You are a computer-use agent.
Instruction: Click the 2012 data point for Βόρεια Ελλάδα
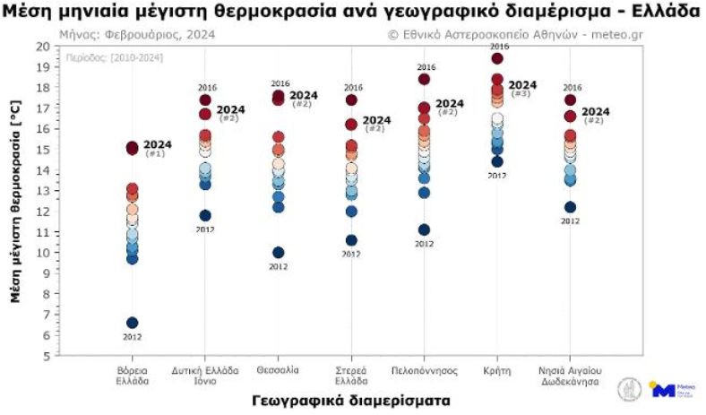[x=133, y=323]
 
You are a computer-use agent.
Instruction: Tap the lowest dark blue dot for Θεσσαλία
[x=279, y=253]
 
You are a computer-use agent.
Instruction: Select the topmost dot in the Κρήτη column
[x=497, y=58]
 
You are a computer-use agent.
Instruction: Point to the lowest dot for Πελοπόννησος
[x=424, y=230]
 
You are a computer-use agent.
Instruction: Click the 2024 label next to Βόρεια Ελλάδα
[x=158, y=144]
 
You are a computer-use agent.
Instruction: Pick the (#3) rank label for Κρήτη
[x=520, y=94]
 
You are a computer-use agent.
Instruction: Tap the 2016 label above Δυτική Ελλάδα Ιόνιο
[x=207, y=87]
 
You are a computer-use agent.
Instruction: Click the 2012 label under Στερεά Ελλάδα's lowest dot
[x=350, y=254]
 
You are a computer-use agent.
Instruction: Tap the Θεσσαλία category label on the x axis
[x=278, y=369]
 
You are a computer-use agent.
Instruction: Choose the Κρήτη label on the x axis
[x=496, y=369]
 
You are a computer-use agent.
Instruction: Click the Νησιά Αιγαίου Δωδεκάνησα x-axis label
[x=570, y=375]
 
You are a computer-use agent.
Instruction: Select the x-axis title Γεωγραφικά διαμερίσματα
[x=351, y=399]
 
